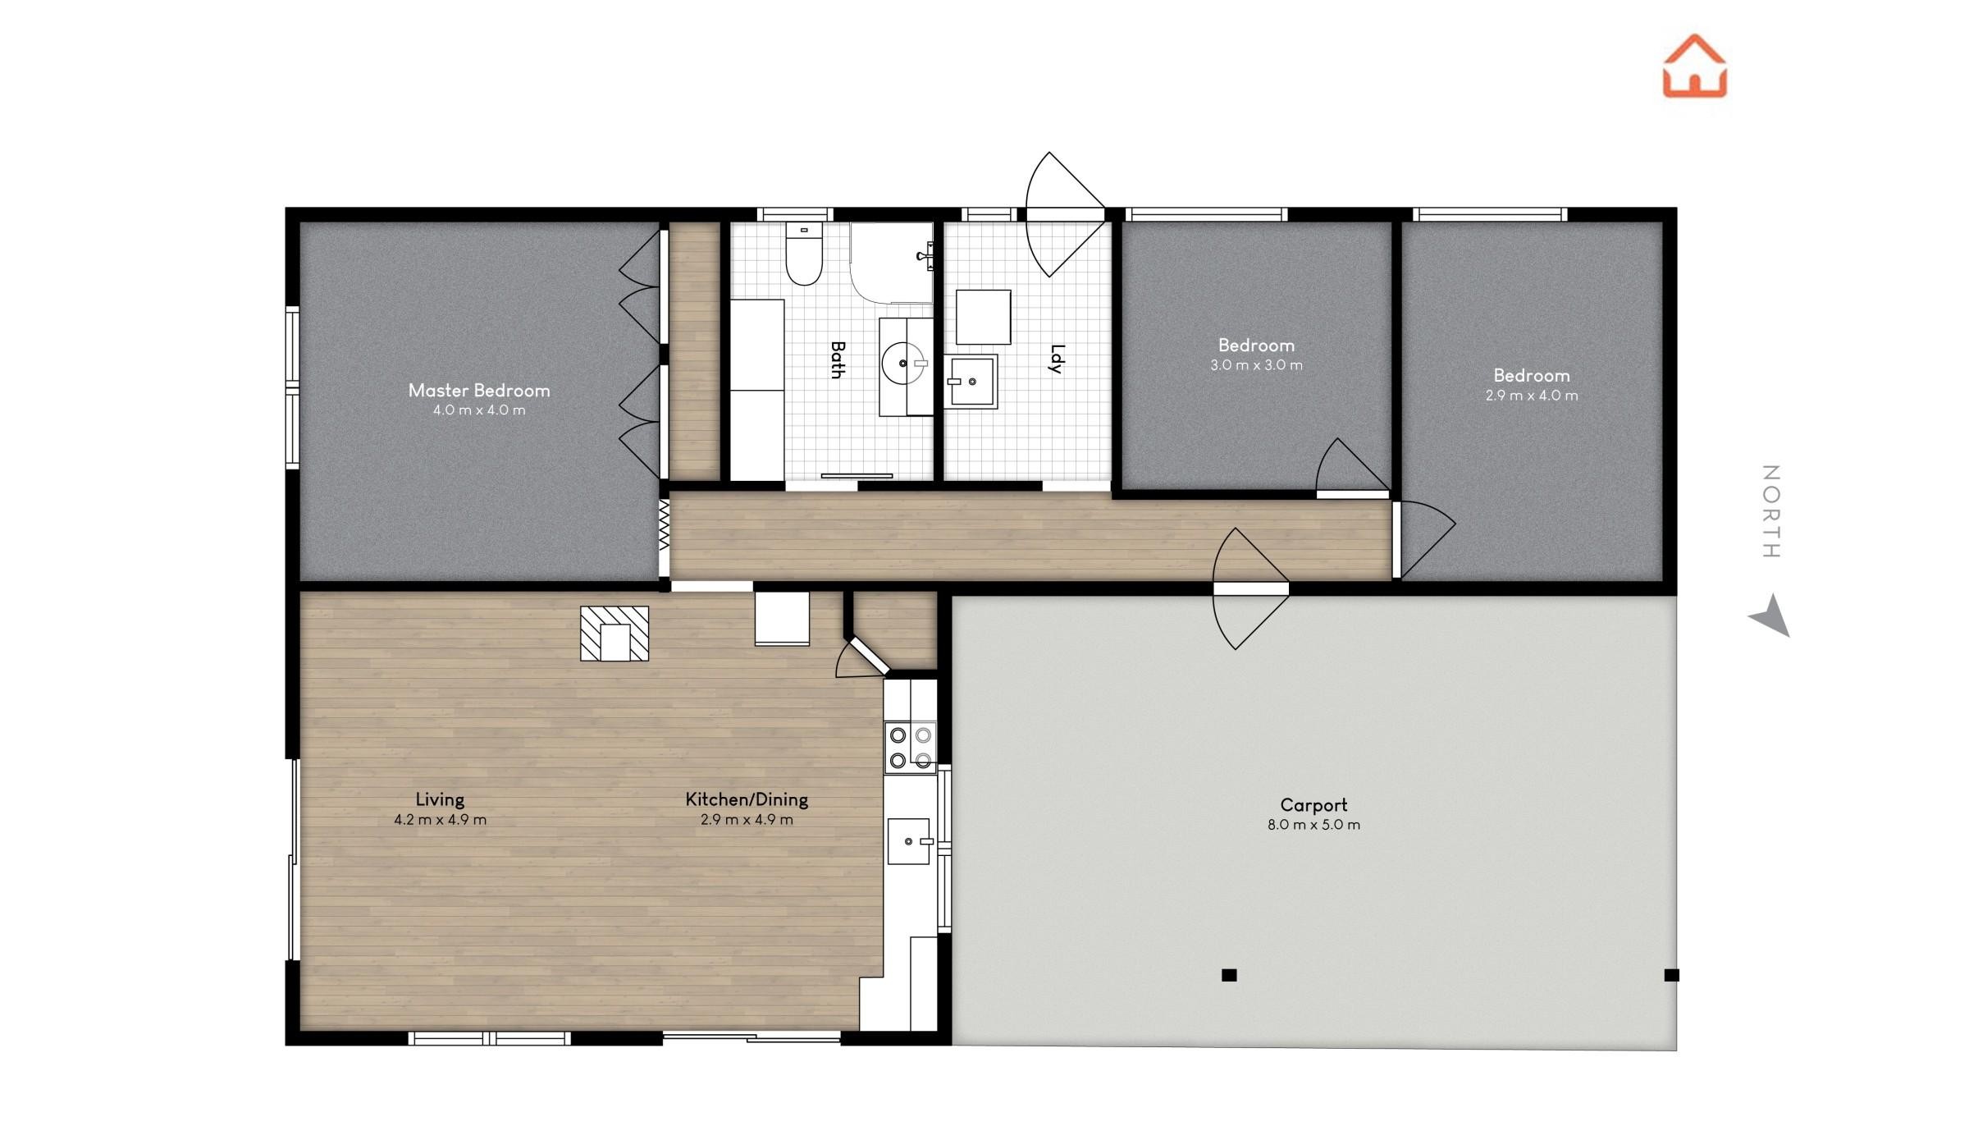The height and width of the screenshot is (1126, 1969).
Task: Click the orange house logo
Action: [1694, 66]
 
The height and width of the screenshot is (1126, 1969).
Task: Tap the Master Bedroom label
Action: [479, 391]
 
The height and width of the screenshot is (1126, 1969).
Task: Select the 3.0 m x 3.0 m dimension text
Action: [1256, 365]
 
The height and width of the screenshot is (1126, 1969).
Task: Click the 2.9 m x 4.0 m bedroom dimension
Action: [1531, 396]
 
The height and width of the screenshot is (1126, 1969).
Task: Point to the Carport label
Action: [1313, 805]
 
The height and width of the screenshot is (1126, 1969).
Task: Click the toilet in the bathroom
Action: [804, 254]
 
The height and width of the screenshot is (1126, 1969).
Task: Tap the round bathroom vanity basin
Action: [903, 363]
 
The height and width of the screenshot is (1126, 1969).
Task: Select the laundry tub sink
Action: [971, 382]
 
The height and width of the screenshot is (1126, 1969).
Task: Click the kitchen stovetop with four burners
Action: [911, 748]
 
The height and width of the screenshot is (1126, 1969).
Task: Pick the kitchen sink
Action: [909, 841]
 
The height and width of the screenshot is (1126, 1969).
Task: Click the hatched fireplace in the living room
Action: [614, 634]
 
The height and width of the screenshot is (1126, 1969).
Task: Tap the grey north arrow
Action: [1771, 616]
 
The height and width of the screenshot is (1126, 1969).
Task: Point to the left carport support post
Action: [1229, 975]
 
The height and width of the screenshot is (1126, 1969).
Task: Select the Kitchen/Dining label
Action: [747, 799]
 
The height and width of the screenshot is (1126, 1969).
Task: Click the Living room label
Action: [440, 799]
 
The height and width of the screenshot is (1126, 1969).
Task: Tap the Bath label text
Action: [837, 360]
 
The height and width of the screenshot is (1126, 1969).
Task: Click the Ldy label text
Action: [1057, 359]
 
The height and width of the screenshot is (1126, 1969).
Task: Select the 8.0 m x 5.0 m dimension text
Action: [1313, 825]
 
